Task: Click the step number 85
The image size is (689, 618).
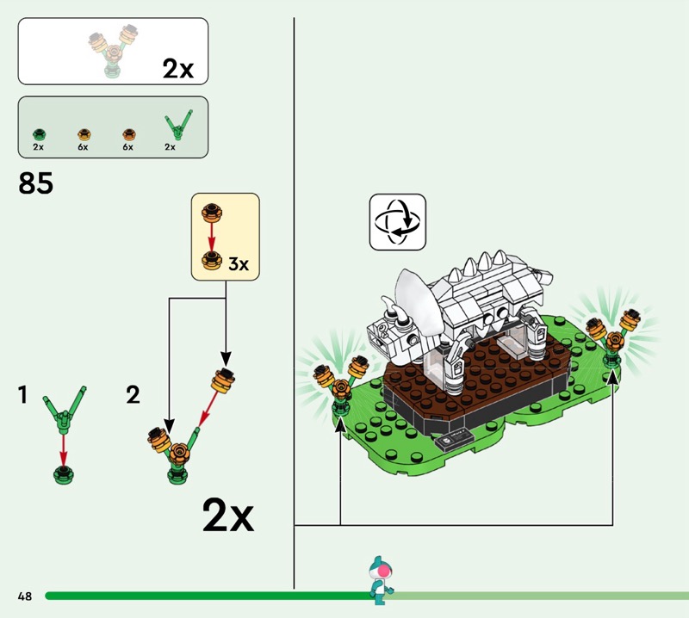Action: (x=35, y=182)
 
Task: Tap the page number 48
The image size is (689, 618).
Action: (x=25, y=596)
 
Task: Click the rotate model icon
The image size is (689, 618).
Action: (x=398, y=222)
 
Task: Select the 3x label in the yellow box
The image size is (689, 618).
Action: (x=239, y=264)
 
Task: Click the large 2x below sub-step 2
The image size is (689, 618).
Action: (x=228, y=515)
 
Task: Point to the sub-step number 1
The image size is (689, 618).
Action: (x=23, y=394)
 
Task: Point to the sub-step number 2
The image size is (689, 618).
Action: (x=133, y=394)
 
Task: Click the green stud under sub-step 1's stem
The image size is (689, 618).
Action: (x=63, y=475)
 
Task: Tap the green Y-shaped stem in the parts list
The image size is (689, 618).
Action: (x=178, y=124)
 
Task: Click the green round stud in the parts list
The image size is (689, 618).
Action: (x=39, y=134)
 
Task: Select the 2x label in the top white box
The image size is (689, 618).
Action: (x=178, y=69)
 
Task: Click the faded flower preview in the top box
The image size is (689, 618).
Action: (x=114, y=51)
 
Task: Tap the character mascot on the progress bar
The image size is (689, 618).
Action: (x=380, y=580)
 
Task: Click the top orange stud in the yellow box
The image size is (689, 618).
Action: (x=211, y=213)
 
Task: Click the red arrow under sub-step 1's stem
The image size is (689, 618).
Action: (x=64, y=451)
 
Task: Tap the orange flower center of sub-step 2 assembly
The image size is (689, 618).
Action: (x=179, y=454)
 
